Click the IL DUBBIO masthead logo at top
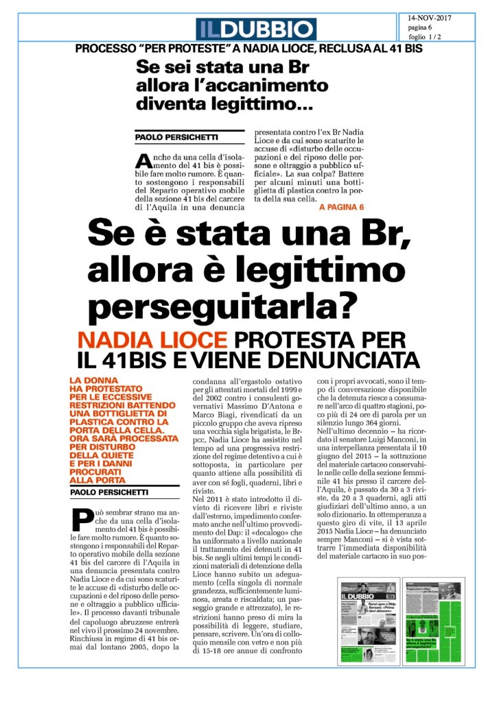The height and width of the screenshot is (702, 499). pos(255,29)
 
